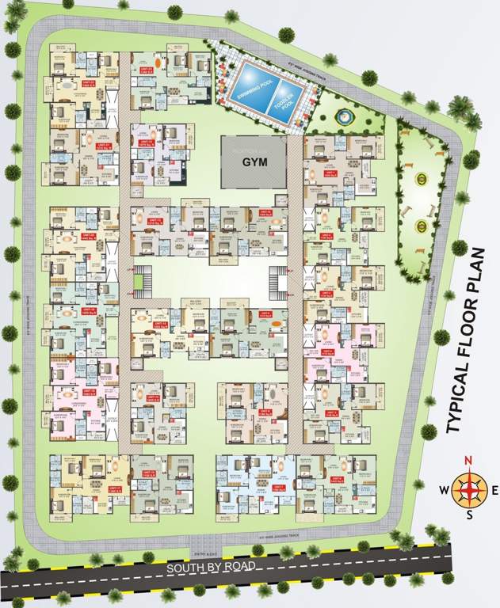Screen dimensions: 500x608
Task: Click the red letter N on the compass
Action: point(468,463)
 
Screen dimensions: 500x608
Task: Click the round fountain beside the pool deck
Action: point(342,115)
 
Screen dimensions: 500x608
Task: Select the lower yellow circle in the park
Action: point(421,226)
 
